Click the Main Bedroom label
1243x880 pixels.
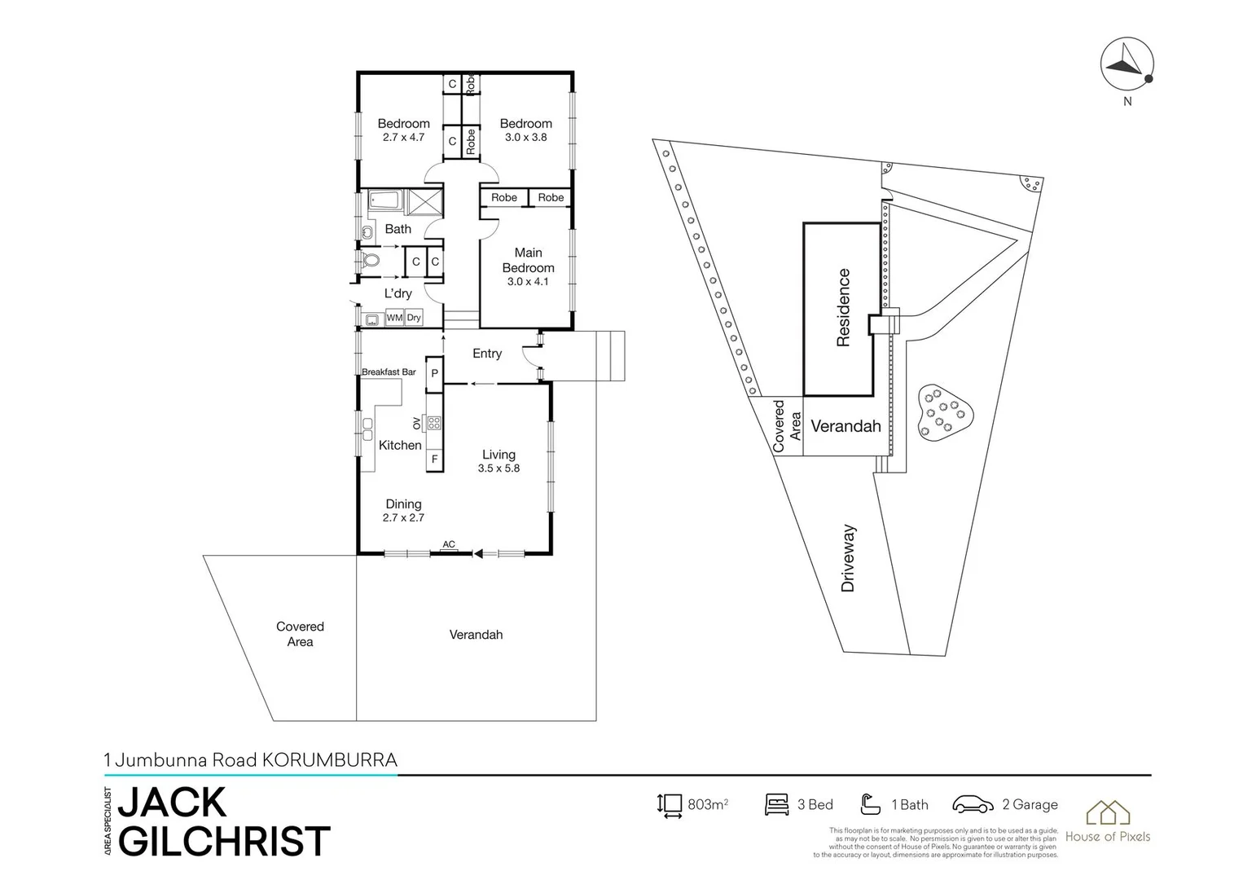[528, 260]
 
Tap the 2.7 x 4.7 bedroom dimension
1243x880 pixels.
[403, 138]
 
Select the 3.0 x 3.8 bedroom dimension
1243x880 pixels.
[525, 138]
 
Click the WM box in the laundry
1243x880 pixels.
[394, 318]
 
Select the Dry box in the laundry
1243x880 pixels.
[414, 318]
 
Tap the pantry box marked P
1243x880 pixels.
[434, 373]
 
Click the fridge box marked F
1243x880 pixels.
[434, 460]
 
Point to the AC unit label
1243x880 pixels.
[448, 544]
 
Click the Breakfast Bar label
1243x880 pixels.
[389, 372]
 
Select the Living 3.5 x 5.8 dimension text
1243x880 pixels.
[499, 469]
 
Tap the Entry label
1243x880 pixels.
[487, 354]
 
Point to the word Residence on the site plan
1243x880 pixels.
[843, 308]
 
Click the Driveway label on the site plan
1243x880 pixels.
[848, 558]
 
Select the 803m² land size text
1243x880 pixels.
[707, 805]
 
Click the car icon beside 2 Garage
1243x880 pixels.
[973, 805]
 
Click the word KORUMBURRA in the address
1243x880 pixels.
[329, 760]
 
